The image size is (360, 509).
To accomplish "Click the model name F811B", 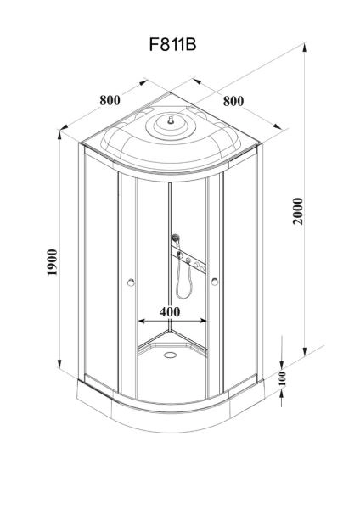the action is click(173, 44).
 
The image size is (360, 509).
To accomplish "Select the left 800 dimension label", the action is click(110, 100).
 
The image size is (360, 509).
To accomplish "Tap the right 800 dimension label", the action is click(233, 101).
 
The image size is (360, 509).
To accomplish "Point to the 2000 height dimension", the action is click(298, 211).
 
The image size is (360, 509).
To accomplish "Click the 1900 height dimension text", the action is click(52, 262).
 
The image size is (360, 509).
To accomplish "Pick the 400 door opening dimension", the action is click(170, 311).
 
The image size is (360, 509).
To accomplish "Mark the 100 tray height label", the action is click(282, 379).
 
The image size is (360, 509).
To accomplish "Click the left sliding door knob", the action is click(131, 282).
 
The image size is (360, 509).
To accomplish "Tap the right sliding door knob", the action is click(215, 282).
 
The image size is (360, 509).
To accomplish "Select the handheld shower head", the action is click(176, 238).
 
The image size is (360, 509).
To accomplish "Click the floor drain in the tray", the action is click(170, 355).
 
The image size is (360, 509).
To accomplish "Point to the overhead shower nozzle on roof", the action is click(170, 120).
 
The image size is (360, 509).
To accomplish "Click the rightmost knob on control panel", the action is click(203, 268).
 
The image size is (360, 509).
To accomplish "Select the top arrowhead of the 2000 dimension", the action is click(305, 48).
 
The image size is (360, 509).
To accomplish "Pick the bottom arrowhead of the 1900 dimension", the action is click(59, 363).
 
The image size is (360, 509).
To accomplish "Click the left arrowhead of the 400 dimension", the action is click(142, 321).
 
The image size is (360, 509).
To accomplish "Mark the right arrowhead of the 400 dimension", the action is click(203, 321).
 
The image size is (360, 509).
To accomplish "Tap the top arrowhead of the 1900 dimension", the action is click(59, 135).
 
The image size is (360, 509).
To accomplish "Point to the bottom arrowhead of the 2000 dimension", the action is click(305, 352).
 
